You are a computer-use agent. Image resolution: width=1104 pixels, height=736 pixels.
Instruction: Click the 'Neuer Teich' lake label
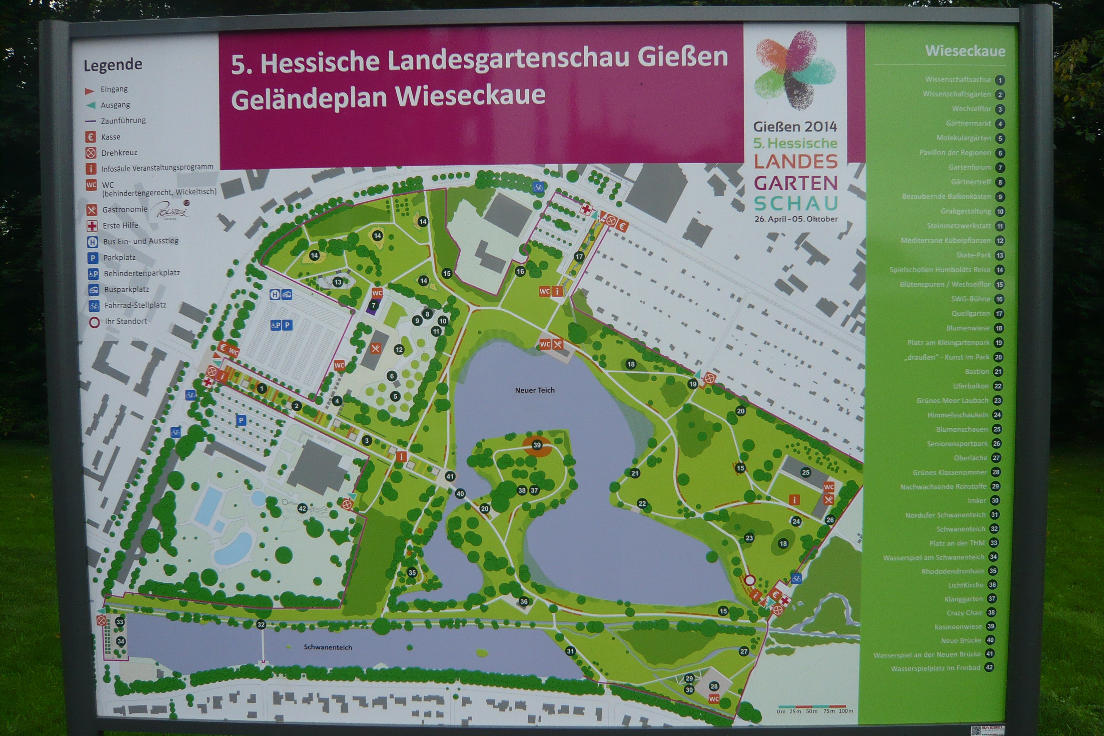(x=535, y=390)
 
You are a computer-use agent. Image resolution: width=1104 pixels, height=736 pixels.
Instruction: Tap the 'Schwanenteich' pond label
(x=328, y=647)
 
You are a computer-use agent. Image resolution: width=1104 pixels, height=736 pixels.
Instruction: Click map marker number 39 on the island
(x=537, y=445)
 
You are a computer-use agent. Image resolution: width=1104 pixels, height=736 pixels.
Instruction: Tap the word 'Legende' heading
(x=112, y=64)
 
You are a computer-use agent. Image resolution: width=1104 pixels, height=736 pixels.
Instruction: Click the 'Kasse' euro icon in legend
(x=91, y=137)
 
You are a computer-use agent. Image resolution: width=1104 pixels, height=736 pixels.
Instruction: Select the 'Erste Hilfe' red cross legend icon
(x=92, y=226)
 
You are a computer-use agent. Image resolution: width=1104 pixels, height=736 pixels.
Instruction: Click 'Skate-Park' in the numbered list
(x=973, y=255)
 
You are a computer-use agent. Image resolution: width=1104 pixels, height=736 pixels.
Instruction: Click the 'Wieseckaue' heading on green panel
(x=965, y=51)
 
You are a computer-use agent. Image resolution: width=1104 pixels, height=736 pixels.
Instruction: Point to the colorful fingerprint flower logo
(x=795, y=70)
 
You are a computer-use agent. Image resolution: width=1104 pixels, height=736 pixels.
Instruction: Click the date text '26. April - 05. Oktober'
(x=796, y=219)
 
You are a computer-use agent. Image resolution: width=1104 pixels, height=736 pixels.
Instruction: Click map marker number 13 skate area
(x=337, y=282)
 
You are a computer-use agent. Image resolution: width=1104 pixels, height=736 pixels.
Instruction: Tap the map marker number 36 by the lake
(x=524, y=601)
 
